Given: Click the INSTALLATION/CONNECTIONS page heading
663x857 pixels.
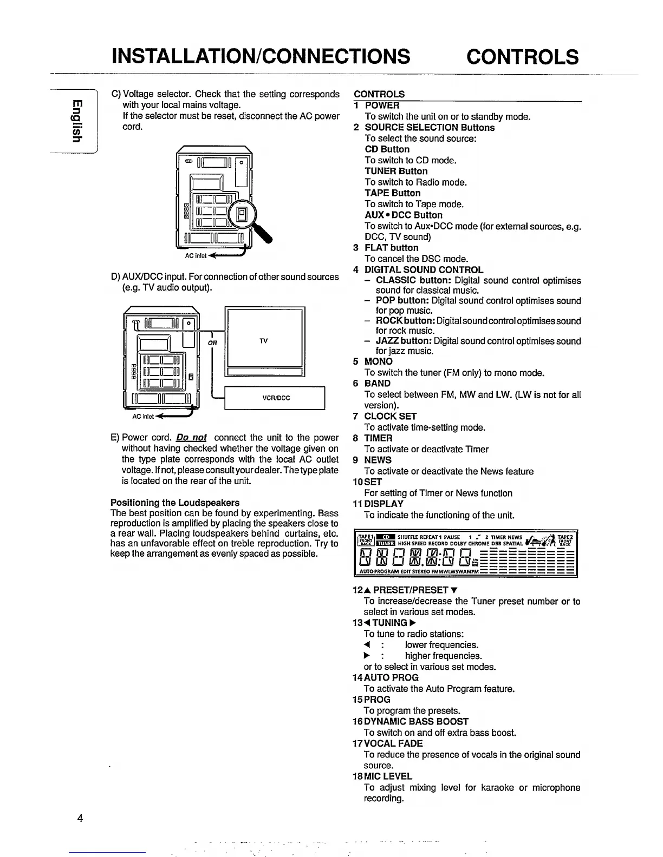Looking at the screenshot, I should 260,56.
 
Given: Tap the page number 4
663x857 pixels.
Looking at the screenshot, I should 80,818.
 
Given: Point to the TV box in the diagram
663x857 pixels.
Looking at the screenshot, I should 264,341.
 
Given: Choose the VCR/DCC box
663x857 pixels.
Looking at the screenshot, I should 275,398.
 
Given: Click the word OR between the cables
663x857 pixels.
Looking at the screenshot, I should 212,342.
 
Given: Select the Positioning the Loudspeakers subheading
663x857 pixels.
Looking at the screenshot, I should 174,502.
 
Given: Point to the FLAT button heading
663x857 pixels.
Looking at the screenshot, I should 391,248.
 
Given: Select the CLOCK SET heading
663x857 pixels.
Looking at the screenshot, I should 390,416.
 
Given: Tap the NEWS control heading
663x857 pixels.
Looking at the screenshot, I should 378,460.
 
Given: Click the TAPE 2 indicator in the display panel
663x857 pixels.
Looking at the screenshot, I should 565,539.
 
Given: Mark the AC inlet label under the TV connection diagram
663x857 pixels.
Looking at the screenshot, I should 143,417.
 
